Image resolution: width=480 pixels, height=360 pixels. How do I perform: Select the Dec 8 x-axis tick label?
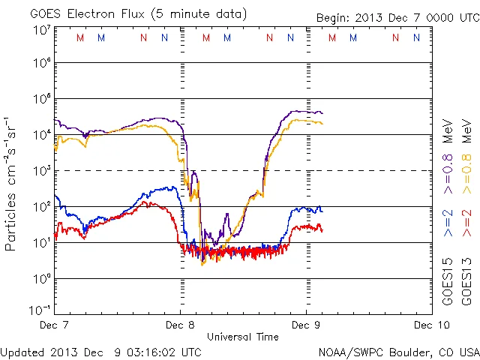point(180,325)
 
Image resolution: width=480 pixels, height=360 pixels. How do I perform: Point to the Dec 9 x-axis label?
point(305,325)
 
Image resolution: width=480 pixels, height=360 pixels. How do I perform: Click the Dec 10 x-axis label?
point(428,325)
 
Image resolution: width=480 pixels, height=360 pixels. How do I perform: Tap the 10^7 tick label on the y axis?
point(41,29)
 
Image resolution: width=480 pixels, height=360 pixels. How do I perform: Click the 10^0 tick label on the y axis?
point(41,279)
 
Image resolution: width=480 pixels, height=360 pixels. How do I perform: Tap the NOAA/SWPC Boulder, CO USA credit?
point(397,351)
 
